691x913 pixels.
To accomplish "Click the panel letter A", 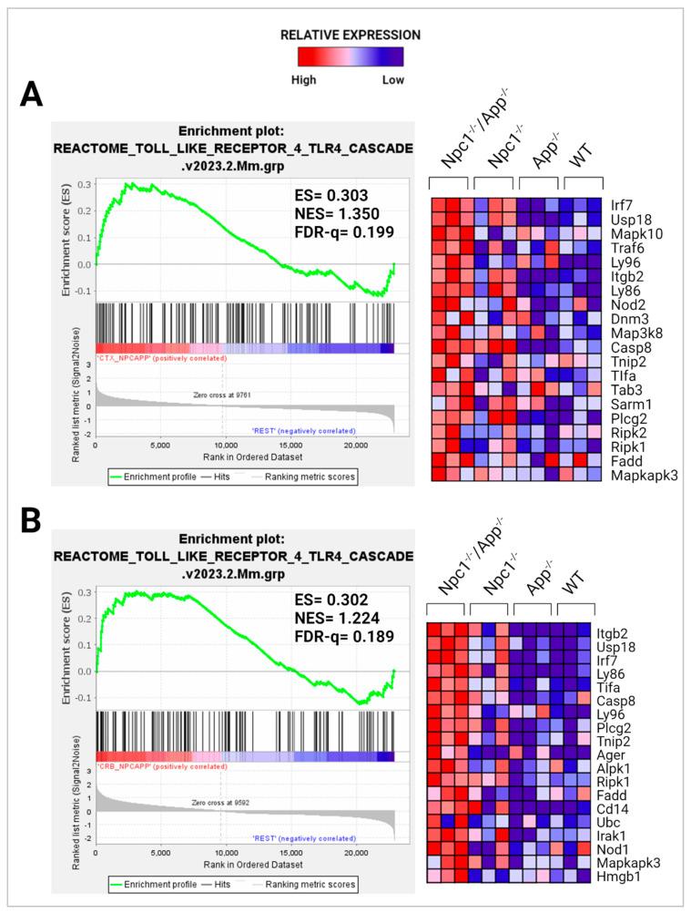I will (32, 95).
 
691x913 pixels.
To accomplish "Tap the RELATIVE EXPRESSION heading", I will (351, 36).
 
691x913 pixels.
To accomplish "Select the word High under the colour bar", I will (303, 80).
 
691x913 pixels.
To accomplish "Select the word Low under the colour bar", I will (393, 80).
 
